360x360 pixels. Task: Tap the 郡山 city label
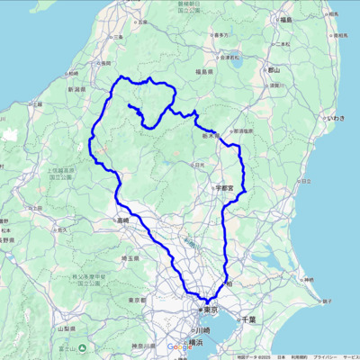[274, 69]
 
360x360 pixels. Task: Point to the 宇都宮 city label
[225, 188]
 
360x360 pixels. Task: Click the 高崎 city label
[121, 220]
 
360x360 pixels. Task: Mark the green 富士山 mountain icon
[82, 347]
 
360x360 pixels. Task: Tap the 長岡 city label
[104, 62]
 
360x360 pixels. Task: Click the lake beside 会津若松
[236, 63]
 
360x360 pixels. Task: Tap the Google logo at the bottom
[176, 347]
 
